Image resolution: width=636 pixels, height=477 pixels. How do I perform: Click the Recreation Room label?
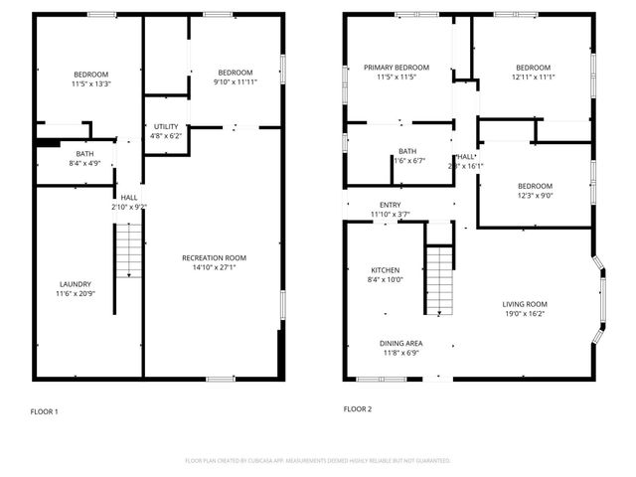pyautogui.click(x=214, y=257)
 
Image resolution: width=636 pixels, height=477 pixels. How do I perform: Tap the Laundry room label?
pyautogui.click(x=75, y=283)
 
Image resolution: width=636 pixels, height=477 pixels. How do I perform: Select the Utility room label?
pyautogui.click(x=165, y=126)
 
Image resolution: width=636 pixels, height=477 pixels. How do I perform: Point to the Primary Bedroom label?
pyautogui.click(x=396, y=68)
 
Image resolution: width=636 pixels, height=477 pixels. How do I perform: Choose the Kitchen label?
pyautogui.click(x=386, y=270)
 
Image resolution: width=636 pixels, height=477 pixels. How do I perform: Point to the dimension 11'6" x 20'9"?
pyautogui.click(x=75, y=294)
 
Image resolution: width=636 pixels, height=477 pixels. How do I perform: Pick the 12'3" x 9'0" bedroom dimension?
pyautogui.click(x=534, y=196)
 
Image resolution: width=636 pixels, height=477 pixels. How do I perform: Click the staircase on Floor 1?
pyautogui.click(x=127, y=250)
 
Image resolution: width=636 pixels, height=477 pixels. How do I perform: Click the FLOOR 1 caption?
pyautogui.click(x=44, y=411)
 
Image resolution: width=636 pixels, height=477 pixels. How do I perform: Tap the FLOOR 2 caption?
pyautogui.click(x=357, y=408)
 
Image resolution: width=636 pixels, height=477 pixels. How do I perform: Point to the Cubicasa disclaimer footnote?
pyautogui.click(x=318, y=461)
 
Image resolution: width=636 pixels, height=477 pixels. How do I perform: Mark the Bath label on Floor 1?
pyautogui.click(x=85, y=154)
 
